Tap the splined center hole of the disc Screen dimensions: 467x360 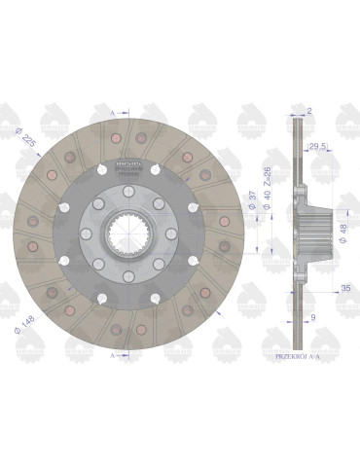click(x=126, y=233)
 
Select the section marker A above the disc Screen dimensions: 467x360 click(x=115, y=114)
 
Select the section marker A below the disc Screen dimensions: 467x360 click(x=115, y=356)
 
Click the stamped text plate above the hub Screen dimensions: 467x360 click(x=127, y=166)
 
